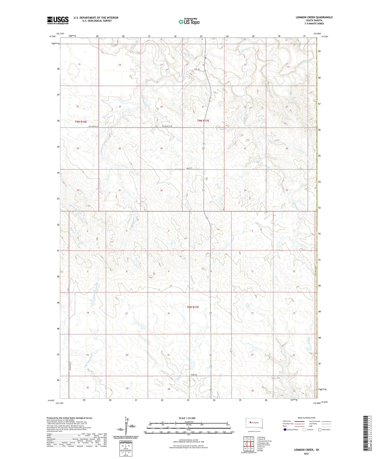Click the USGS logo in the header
tap(58, 20)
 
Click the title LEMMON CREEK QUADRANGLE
tap(314, 17)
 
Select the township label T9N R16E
tap(81, 122)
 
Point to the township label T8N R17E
tap(193, 307)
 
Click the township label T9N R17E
tap(203, 121)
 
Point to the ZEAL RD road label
tap(197, 69)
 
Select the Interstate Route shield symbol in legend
tap(285, 430)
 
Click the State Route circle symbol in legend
tap(320, 430)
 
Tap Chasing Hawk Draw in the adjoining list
tap(265, 441)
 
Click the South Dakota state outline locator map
tap(254, 423)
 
